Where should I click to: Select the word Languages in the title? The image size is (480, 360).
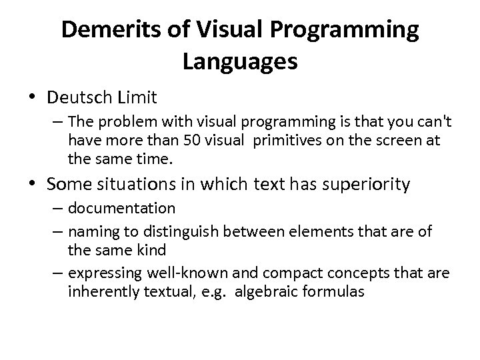click(239, 62)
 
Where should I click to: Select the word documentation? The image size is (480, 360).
click(122, 209)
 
